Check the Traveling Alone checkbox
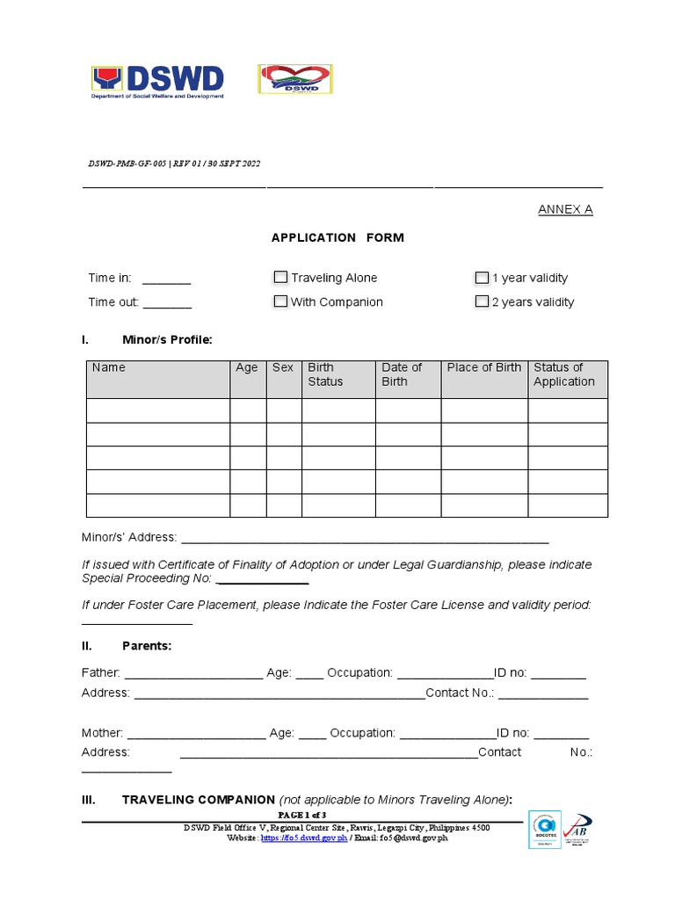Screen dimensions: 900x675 [280, 278]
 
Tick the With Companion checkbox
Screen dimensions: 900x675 [280, 301]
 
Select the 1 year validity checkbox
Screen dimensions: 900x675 [482, 278]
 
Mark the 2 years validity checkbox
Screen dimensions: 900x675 [482, 301]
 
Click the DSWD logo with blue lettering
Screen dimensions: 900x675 [158, 82]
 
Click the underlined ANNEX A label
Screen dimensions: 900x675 [565, 210]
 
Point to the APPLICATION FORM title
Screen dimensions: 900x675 [337, 238]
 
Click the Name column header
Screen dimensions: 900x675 [109, 368]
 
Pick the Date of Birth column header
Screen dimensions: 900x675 [401, 374]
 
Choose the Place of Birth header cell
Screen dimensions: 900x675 [483, 368]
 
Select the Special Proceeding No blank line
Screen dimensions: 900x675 [262, 580]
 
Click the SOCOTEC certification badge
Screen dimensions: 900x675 [544, 830]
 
